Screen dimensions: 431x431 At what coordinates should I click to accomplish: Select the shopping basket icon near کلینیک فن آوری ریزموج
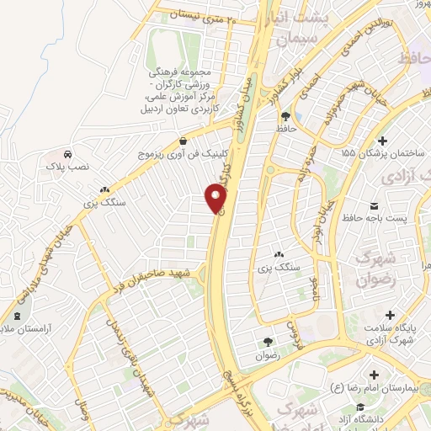pos(184,141)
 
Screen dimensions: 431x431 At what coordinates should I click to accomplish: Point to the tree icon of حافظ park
pos(285,116)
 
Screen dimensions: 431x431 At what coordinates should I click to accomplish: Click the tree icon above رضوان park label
pos(268,342)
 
